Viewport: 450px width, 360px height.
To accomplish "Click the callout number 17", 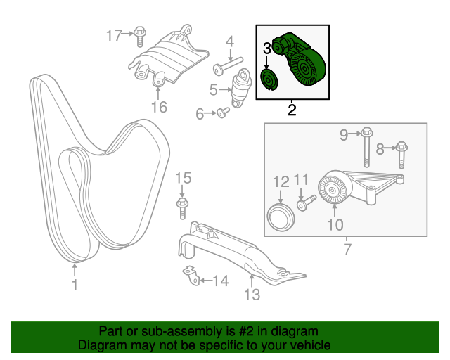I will pos(114,34).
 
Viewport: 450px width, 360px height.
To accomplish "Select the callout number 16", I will pos(159,107).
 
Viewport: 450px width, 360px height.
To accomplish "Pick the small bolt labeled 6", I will pos(223,112).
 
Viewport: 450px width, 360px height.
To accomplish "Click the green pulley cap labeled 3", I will pos(268,79).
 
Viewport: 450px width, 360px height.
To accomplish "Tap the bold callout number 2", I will pos(291,110).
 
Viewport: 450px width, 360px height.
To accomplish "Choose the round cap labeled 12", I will pos(282,214).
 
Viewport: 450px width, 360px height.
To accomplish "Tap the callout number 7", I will pos(347,249).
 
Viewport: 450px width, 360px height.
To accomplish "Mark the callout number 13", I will pos(252,295).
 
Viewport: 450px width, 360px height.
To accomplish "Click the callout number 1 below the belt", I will pos(75,285).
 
